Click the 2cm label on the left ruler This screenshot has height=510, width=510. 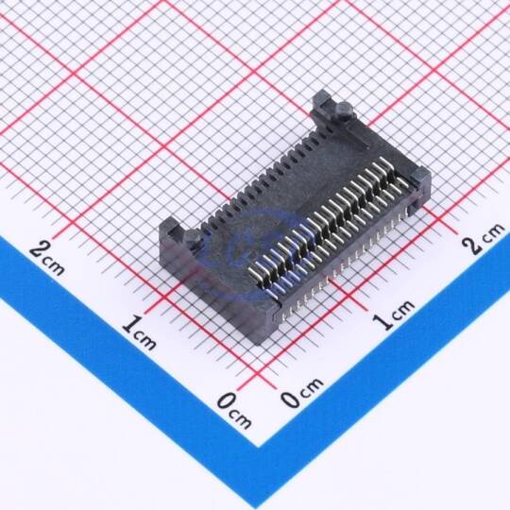click(47, 258)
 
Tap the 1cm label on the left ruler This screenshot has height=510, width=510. click(139, 332)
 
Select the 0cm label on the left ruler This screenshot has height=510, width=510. click(234, 411)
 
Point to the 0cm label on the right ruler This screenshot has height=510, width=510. click(302, 392)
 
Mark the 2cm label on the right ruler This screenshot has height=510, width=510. click(484, 238)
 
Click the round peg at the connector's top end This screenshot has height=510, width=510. click(344, 110)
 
